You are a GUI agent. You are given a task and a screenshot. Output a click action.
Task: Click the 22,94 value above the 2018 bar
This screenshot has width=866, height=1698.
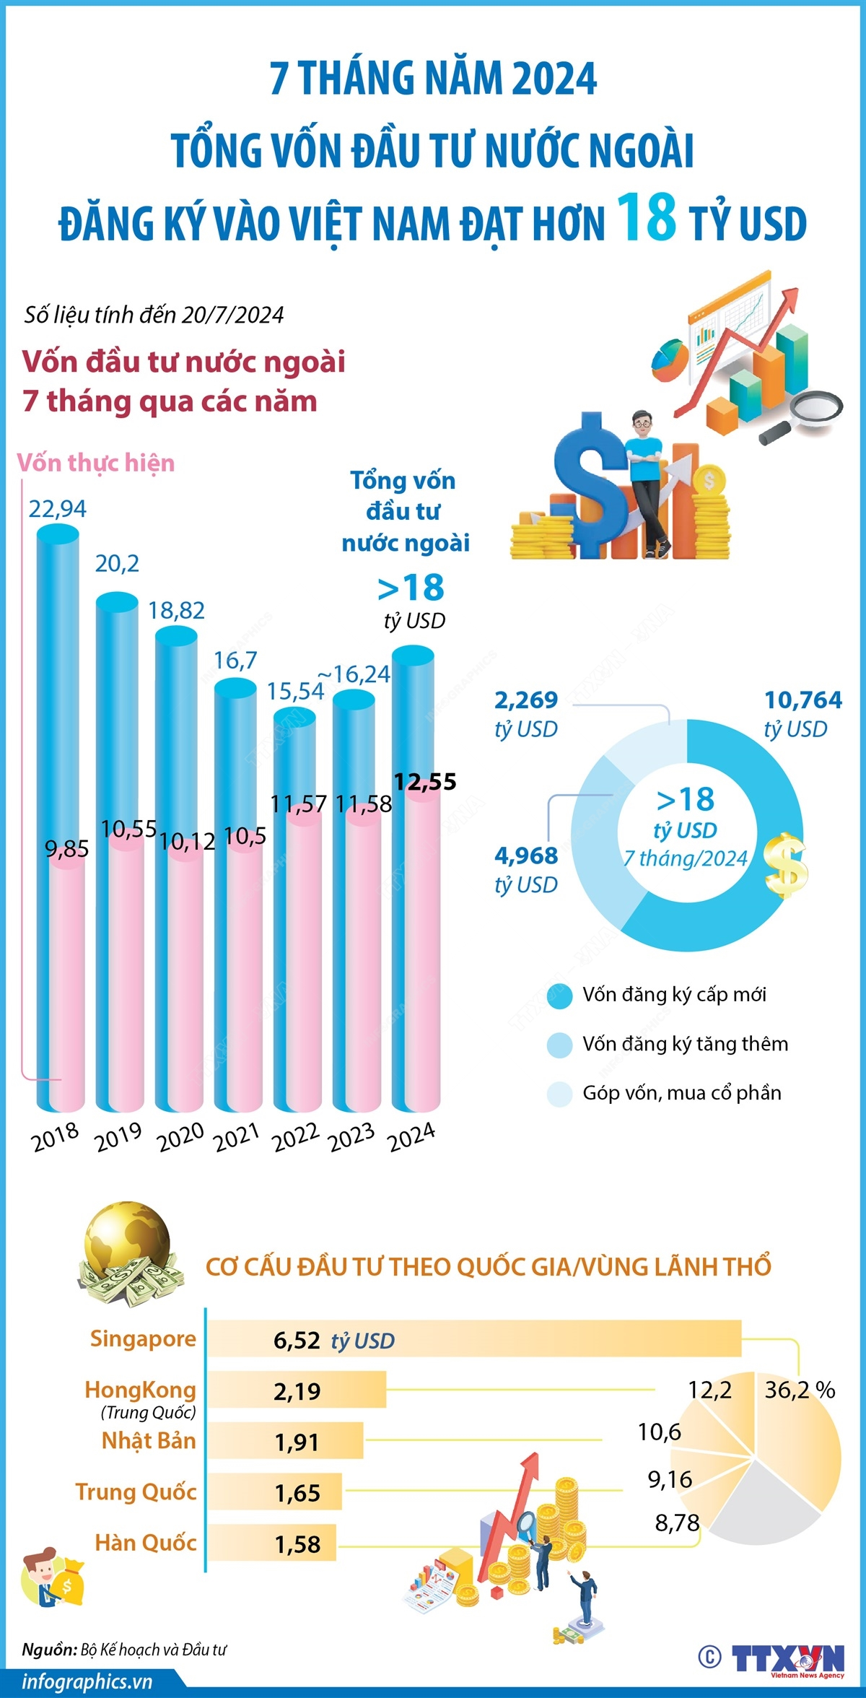pyautogui.click(x=57, y=509)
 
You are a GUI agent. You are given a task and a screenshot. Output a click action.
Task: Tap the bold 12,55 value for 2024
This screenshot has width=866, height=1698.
pyautogui.click(x=425, y=782)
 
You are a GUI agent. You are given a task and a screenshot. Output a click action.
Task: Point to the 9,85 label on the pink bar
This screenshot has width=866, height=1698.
pyautogui.click(x=67, y=849)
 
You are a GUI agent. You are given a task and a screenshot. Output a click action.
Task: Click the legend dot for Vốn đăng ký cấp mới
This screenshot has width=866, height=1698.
pyautogui.click(x=559, y=996)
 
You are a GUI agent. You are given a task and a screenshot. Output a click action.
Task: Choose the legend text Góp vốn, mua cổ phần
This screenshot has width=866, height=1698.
pyautogui.click(x=681, y=1093)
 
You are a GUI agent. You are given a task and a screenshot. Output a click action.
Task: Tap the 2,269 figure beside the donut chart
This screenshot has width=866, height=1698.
pyautogui.click(x=526, y=700)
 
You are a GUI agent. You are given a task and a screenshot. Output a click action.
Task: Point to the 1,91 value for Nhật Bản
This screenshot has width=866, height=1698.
pyautogui.click(x=297, y=1442)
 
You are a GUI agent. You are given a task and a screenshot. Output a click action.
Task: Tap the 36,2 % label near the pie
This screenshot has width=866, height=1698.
pyautogui.click(x=800, y=1390)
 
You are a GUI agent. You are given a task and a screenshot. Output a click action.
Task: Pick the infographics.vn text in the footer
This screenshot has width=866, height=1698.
pyautogui.click(x=87, y=1682)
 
